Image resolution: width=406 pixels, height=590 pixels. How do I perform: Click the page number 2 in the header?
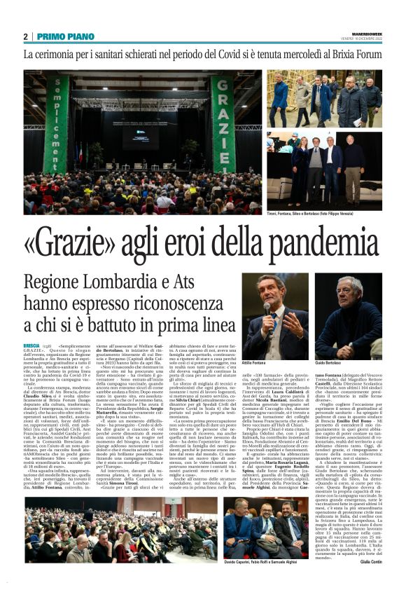(x=26, y=36)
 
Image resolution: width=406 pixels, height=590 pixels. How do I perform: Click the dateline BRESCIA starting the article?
(x=31, y=346)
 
